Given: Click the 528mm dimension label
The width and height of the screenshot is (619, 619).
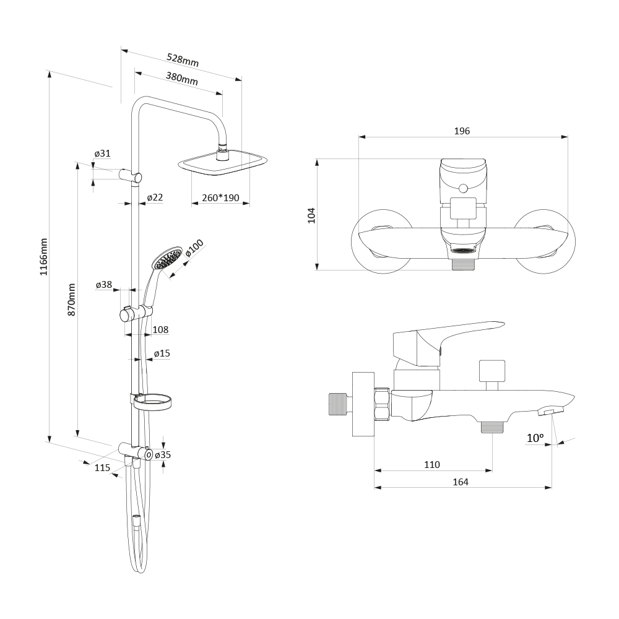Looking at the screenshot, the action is pyautogui.click(x=183, y=60).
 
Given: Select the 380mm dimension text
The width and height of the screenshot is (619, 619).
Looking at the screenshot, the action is pyautogui.click(x=181, y=78).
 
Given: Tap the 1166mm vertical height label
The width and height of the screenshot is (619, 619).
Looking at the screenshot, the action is pyautogui.click(x=43, y=257).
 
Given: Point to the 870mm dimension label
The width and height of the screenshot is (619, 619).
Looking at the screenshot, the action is pyautogui.click(x=71, y=299).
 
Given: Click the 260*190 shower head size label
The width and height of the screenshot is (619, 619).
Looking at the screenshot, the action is pyautogui.click(x=221, y=198).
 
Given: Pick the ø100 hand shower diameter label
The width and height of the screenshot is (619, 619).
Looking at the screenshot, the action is pyautogui.click(x=194, y=248).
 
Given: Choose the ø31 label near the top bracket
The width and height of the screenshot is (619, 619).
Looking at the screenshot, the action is pyautogui.click(x=102, y=153).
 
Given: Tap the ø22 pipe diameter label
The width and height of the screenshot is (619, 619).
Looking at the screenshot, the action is pyautogui.click(x=155, y=197).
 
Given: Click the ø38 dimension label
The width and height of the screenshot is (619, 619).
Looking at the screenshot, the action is pyautogui.click(x=104, y=285).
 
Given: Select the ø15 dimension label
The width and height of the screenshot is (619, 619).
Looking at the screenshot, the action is pyautogui.click(x=162, y=353).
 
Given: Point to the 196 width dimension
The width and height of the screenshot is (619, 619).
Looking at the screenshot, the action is pyautogui.click(x=462, y=131).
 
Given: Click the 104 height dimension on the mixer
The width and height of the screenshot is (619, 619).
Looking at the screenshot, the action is pyautogui.click(x=311, y=215).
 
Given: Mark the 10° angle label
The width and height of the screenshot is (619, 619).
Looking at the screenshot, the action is pyautogui.click(x=535, y=438).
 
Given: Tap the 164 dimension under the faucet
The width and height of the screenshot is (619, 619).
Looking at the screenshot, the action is pyautogui.click(x=461, y=482).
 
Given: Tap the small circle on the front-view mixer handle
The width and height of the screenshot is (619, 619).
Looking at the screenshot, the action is pyautogui.click(x=464, y=188).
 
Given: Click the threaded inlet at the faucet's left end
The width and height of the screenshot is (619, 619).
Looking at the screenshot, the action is pyautogui.click(x=339, y=404).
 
